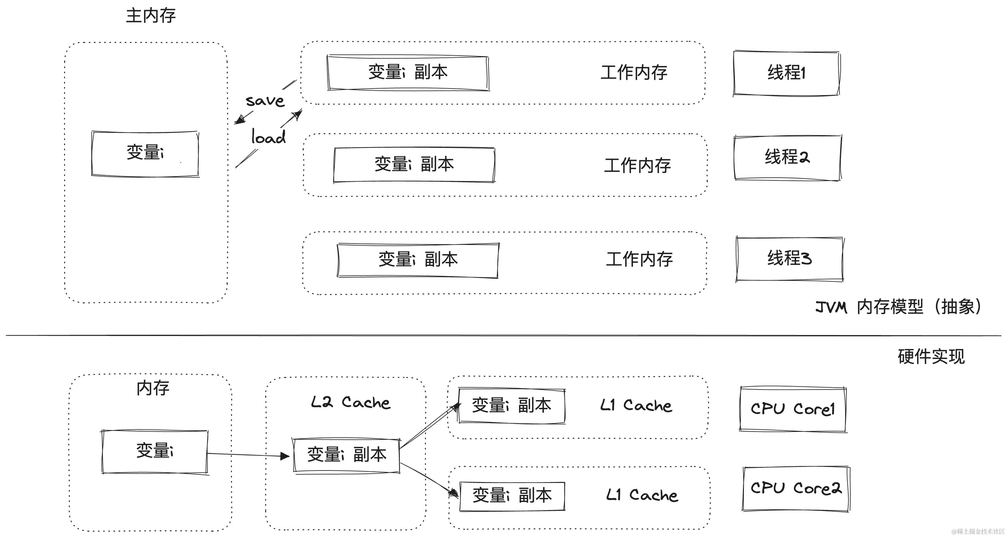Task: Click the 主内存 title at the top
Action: tap(151, 16)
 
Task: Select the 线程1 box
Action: tap(786, 73)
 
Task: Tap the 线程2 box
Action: tap(787, 157)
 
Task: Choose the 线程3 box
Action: tap(789, 259)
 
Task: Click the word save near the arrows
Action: tap(265, 101)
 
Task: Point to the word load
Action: tap(268, 137)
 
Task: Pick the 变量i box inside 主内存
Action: tap(145, 153)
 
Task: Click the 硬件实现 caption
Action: tap(931, 357)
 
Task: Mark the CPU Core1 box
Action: tap(793, 409)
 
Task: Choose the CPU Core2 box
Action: tap(796, 488)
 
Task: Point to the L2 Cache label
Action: tap(350, 402)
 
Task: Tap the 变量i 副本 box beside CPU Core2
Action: tap(512, 496)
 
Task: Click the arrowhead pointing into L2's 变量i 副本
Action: tap(285, 456)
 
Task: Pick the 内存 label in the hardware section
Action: tap(153, 388)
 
